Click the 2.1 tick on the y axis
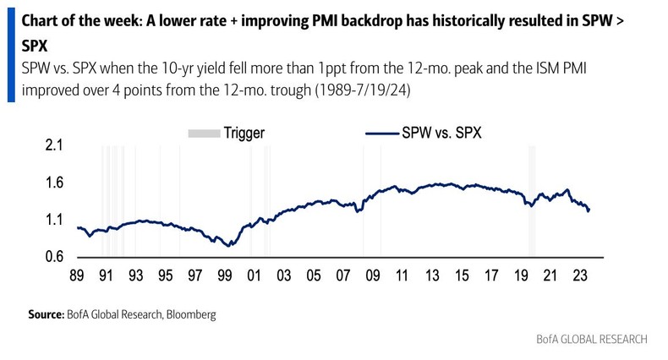[x=54, y=146]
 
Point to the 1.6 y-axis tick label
[x=54, y=183]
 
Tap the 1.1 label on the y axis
[x=54, y=220]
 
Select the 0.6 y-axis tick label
[x=54, y=257]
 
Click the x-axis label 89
[x=77, y=276]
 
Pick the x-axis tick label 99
[x=224, y=276]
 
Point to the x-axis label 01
[x=254, y=276]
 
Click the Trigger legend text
[x=244, y=133]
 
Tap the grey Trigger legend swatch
[x=202, y=133]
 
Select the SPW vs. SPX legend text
[x=441, y=133]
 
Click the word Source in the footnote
[x=46, y=314]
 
